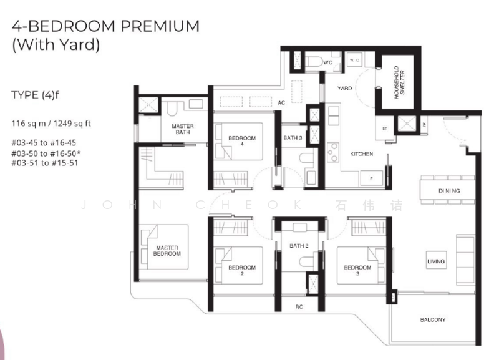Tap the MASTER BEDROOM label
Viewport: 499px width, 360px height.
168,250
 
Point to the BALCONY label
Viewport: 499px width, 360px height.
432,320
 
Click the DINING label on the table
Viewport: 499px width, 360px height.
448,191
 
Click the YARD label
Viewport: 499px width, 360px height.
344,89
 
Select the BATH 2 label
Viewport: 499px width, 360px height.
300,246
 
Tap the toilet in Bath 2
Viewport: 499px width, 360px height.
304,263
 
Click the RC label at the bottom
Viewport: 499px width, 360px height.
299,306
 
